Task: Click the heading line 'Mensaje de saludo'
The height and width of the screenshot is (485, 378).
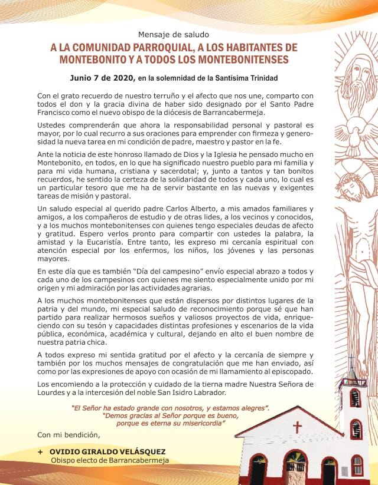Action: pyautogui.click(x=170, y=34)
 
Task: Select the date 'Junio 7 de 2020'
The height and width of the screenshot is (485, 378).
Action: pyautogui.click(x=102, y=78)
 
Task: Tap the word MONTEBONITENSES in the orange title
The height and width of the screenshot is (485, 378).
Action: pyautogui.click(x=236, y=60)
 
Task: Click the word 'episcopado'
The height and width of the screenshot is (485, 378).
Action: pyautogui.click(x=347, y=371)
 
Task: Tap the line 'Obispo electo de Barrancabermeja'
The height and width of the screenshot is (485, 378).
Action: pyautogui.click(x=110, y=460)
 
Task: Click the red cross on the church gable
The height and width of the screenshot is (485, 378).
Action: pyautogui.click(x=298, y=425)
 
